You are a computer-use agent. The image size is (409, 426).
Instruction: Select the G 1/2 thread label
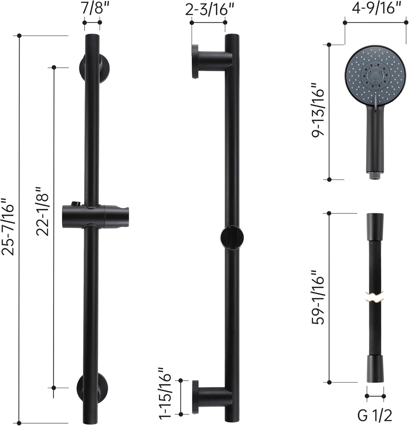(x=375, y=415)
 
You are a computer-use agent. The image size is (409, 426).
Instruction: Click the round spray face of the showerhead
(x=375, y=74)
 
